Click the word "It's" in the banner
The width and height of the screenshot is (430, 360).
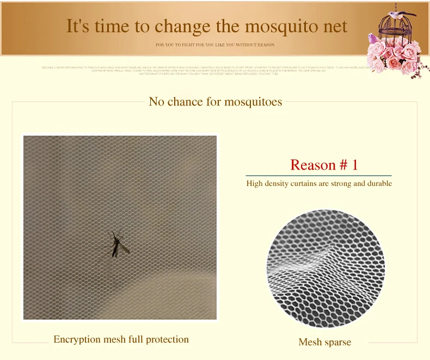78,27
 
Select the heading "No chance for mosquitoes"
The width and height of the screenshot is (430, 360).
215,102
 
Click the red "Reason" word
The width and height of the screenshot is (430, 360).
313,165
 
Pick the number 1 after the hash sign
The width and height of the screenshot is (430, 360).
354,165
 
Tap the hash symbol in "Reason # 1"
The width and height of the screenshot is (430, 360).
343,165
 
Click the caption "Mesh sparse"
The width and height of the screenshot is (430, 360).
324,342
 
